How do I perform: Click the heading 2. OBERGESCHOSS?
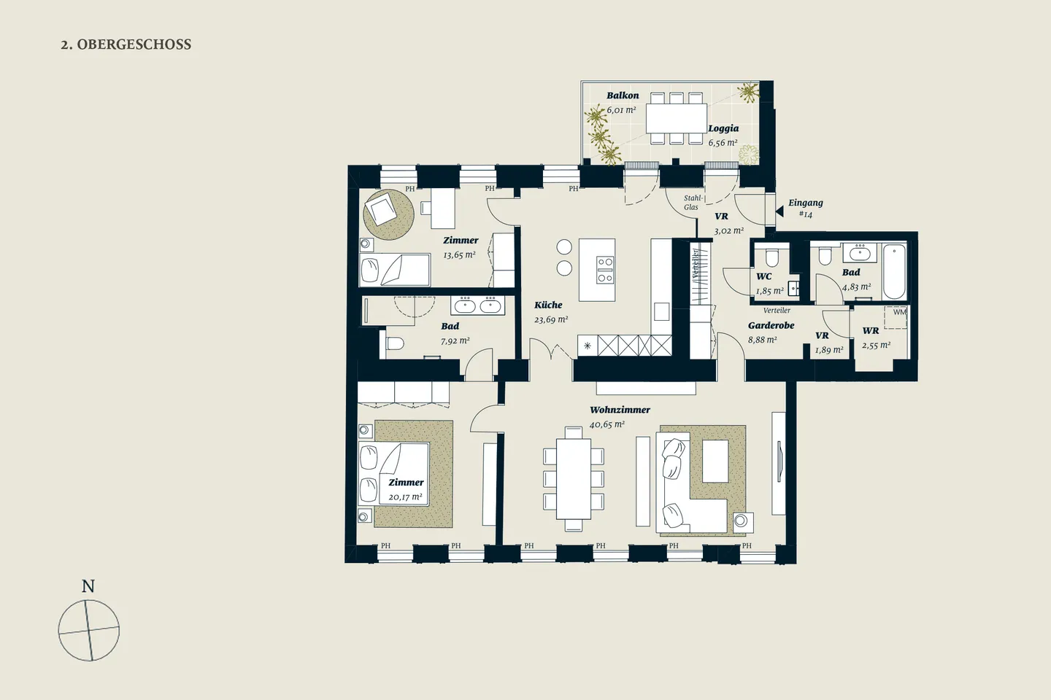click(126, 44)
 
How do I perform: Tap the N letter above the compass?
click(88, 586)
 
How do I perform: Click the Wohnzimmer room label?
click(620, 410)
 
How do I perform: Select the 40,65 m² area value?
click(607, 424)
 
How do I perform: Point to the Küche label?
click(548, 305)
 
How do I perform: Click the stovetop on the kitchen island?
click(605, 270)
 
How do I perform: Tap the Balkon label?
click(623, 96)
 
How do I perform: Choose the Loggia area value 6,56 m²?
click(723, 142)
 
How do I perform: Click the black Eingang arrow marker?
click(779, 211)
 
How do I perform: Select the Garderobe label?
click(771, 325)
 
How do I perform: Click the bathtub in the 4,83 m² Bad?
click(894, 271)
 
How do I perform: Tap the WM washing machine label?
click(899, 312)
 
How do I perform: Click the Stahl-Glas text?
click(693, 203)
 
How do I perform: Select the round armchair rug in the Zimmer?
click(388, 214)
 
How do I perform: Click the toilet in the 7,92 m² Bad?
click(395, 343)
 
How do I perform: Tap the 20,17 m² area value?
click(405, 497)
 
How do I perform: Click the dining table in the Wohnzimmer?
click(574, 479)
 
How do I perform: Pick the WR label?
click(870, 330)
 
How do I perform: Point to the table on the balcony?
click(676, 118)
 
